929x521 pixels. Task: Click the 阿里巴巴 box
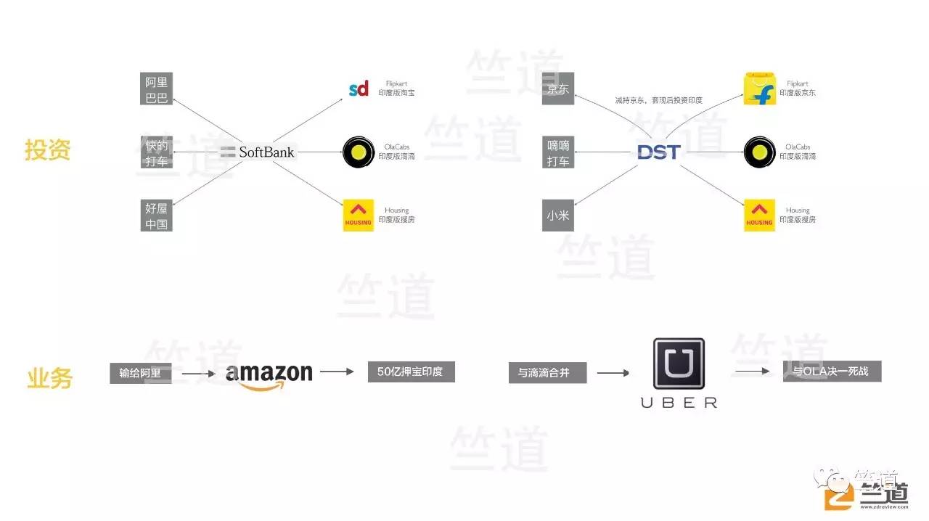pyautogui.click(x=156, y=89)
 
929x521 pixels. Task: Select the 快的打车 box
pyautogui.click(x=156, y=152)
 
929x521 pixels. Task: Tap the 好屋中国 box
pyautogui.click(x=156, y=216)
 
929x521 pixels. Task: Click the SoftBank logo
pyautogui.click(x=258, y=152)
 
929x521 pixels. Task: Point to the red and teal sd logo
pyautogui.click(x=359, y=89)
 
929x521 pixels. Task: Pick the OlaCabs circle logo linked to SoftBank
pyautogui.click(x=358, y=152)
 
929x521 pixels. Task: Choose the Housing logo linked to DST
pyautogui.click(x=759, y=216)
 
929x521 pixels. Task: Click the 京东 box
pyautogui.click(x=558, y=89)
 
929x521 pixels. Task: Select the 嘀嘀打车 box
pyautogui.click(x=558, y=152)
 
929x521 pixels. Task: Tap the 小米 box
pyautogui.click(x=558, y=216)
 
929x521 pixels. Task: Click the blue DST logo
pyautogui.click(x=658, y=152)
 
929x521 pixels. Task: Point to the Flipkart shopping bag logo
pyautogui.click(x=759, y=89)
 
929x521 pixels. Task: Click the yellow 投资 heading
pyautogui.click(x=48, y=150)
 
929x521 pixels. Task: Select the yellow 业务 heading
pyautogui.click(x=49, y=378)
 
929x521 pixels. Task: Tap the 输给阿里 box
pyautogui.click(x=141, y=373)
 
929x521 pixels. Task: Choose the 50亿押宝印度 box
pyautogui.click(x=411, y=372)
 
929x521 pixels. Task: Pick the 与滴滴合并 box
pyautogui.click(x=547, y=373)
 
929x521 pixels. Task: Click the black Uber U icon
pyautogui.click(x=679, y=363)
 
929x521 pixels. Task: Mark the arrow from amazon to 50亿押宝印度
pyautogui.click(x=337, y=372)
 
